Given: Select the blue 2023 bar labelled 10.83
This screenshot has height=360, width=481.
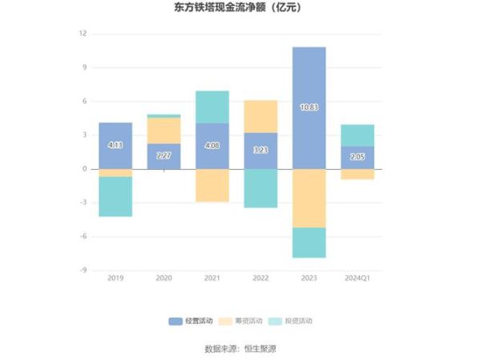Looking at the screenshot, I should tap(309, 107).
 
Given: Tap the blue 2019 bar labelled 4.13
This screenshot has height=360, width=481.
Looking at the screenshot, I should tap(115, 145).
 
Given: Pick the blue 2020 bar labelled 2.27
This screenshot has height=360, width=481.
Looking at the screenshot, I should tap(164, 156).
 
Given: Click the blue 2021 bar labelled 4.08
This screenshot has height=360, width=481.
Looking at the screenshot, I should tap(212, 146).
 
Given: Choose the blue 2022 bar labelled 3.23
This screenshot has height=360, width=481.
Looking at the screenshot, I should tap(261, 151).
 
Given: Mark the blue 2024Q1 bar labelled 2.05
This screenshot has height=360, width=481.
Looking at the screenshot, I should tap(358, 157).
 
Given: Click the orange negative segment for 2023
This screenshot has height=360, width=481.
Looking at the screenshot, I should tap(309, 198).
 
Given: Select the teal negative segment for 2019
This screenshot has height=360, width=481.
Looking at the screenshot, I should tap(115, 196).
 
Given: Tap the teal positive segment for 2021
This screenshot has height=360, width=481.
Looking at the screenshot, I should tap(212, 107).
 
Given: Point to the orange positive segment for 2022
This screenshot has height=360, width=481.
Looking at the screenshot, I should tap(261, 116).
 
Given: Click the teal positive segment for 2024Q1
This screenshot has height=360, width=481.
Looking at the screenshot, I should tap(358, 135).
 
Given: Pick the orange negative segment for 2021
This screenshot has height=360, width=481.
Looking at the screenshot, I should tap(212, 185).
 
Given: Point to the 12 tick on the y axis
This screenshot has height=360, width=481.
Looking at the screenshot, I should tap(83, 34).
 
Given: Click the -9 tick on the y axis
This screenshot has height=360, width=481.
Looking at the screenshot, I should tap(83, 270).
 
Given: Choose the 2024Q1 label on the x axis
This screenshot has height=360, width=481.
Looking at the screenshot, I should tap(358, 277).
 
